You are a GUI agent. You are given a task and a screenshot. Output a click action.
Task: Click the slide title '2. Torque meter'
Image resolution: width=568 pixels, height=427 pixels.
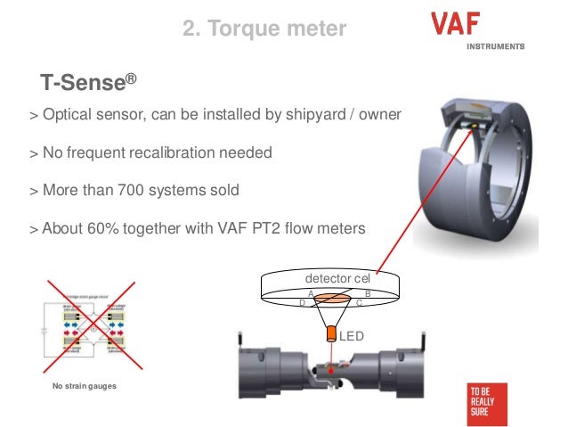pyautogui.click(x=264, y=29)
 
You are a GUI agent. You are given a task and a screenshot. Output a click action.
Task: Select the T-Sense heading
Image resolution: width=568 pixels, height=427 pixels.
pyautogui.click(x=88, y=83)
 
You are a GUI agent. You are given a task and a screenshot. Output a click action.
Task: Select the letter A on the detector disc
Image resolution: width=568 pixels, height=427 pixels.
pyautogui.click(x=310, y=293)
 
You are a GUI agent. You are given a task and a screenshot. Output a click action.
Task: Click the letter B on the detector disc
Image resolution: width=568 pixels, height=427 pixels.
pyautogui.click(x=368, y=293)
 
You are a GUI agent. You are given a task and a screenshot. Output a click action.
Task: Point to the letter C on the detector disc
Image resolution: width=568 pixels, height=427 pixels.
pyautogui.click(x=358, y=303)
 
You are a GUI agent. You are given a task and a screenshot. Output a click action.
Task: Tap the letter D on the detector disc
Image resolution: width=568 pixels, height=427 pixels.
pyautogui.click(x=303, y=303)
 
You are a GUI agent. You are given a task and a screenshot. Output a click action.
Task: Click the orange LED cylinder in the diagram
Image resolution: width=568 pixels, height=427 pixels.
pyautogui.click(x=330, y=335)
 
